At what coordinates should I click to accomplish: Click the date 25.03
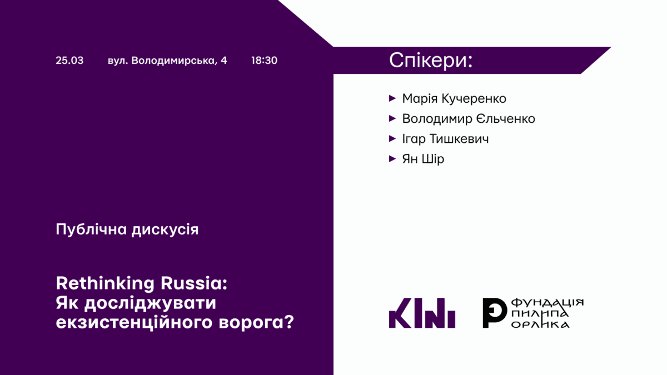tap(69, 61)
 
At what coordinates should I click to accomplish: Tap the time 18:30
tap(264, 61)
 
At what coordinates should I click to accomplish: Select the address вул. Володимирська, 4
tap(167, 61)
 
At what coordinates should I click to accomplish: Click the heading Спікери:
tap(431, 60)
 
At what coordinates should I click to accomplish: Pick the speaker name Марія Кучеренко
tap(454, 99)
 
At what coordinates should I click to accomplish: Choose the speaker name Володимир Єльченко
tap(469, 119)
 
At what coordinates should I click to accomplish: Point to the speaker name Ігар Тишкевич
tap(445, 139)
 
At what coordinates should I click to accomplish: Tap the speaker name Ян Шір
tap(423, 159)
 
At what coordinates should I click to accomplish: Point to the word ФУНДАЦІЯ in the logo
tap(547, 303)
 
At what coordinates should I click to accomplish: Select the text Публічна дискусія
tap(127, 229)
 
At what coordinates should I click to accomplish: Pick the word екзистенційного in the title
tap(145, 322)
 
